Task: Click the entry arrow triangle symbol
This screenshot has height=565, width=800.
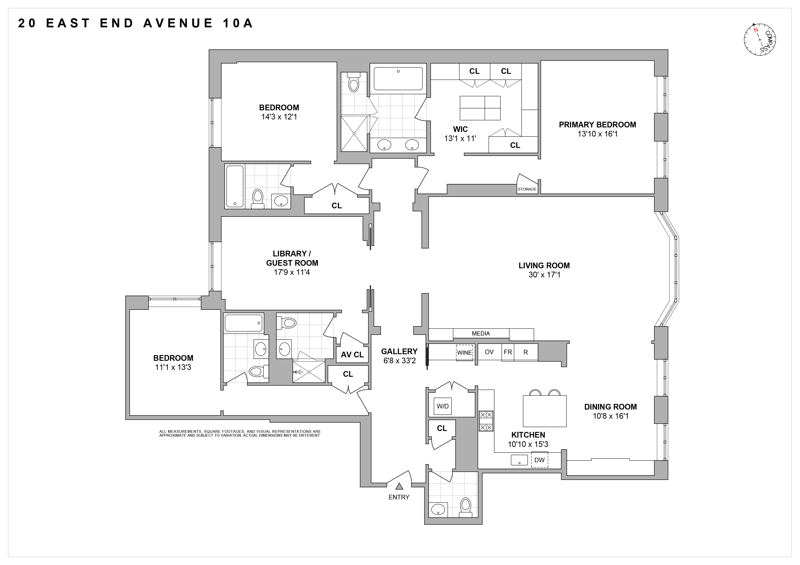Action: click(399, 486)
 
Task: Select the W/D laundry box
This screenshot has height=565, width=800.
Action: click(442, 406)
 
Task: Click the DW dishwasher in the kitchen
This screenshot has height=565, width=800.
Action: click(539, 460)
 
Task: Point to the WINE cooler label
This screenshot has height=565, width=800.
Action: click(465, 353)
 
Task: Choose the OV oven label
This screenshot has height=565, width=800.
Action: click(489, 352)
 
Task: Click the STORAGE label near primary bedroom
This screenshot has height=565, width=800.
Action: click(527, 189)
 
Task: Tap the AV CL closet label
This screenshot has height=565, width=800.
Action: click(352, 355)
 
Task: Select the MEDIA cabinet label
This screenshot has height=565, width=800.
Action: click(481, 333)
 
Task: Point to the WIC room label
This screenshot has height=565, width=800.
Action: click(460, 129)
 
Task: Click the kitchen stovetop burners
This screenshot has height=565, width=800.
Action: click(486, 421)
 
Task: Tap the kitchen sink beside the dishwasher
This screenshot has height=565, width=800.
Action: click(519, 460)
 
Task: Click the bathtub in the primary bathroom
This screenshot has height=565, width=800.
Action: click(398, 79)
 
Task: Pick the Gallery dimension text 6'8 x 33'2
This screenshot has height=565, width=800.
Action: click(400, 361)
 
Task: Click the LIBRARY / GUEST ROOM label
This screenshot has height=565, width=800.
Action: click(292, 258)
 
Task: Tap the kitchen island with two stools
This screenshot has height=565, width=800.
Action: click(545, 411)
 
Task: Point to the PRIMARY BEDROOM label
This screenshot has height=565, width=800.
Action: click(597, 125)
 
